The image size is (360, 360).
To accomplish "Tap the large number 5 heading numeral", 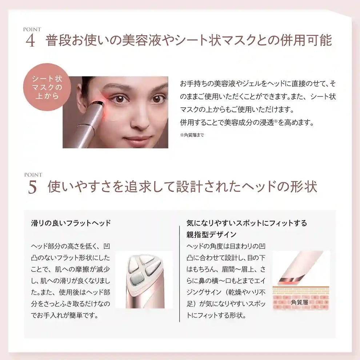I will click(x=32, y=187).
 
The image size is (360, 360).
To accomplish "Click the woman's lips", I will click(x=137, y=140).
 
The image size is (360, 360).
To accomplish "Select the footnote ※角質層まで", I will click(x=192, y=135).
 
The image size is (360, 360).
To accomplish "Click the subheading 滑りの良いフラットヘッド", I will click(x=71, y=223).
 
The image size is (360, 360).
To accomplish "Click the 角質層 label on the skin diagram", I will click(x=300, y=302).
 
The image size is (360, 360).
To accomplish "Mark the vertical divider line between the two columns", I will click(x=180, y=273).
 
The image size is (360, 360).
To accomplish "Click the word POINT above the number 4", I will click(x=32, y=29).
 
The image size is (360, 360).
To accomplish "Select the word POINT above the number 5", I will click(x=33, y=175).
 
